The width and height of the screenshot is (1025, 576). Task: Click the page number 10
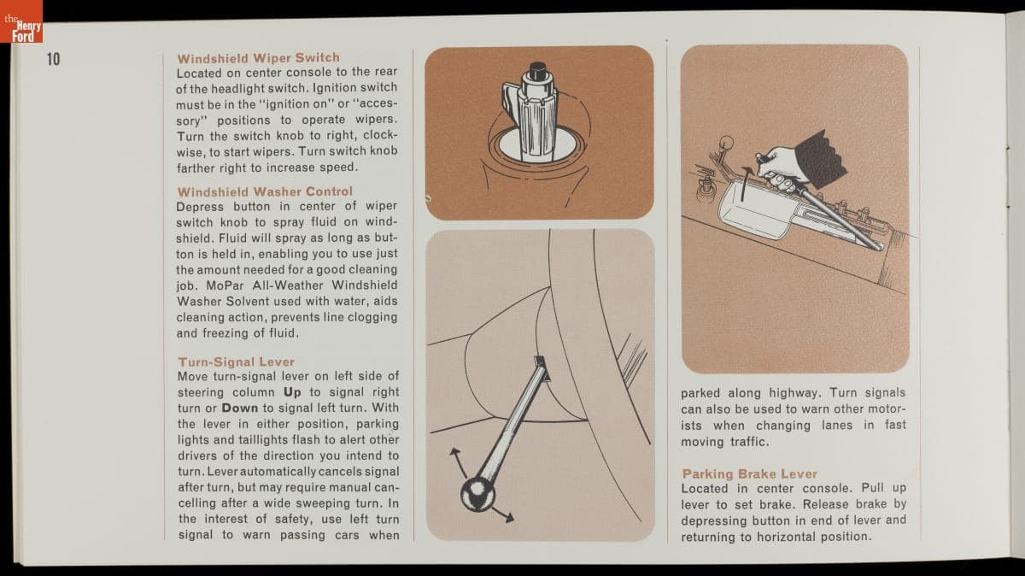(x=54, y=59)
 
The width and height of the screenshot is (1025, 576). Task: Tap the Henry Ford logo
(x=21, y=21)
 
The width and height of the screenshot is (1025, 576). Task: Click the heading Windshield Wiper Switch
(x=259, y=58)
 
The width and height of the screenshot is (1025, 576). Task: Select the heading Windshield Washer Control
(x=265, y=191)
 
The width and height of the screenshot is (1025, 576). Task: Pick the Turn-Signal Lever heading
(x=236, y=361)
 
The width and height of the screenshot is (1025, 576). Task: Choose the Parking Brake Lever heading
(x=750, y=473)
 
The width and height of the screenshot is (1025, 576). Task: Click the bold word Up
(x=292, y=392)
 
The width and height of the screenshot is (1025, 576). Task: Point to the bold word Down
(x=240, y=408)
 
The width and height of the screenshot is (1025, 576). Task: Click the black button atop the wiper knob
(x=538, y=70)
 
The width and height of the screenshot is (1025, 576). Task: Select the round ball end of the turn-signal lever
(x=477, y=494)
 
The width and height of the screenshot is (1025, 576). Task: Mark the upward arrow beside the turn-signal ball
(x=459, y=462)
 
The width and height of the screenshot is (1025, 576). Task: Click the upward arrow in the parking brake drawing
(x=746, y=184)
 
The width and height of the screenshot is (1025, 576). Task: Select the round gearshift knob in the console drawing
(x=726, y=144)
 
